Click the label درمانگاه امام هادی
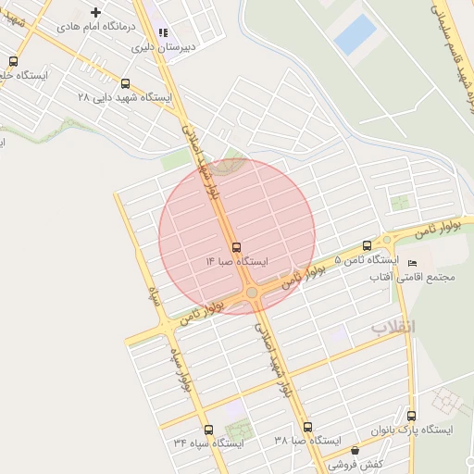pyautogui.click(x=94, y=28)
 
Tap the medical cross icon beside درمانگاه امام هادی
pyautogui.click(x=95, y=12)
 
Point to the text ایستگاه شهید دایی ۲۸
pyautogui.click(x=127, y=96)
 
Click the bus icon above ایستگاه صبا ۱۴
pyautogui.click(x=237, y=247)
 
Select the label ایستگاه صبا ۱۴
pyautogui.click(x=237, y=262)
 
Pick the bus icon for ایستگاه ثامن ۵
pyautogui.click(x=368, y=245)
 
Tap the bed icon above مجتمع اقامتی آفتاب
pyautogui.click(x=412, y=263)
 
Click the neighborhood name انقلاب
pyautogui.click(x=394, y=328)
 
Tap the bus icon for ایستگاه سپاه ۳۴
pyautogui.click(x=208, y=430)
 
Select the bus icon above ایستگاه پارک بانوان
pyautogui.click(x=412, y=416)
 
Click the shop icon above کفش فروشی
pyautogui.click(x=355, y=450)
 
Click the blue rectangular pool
pyautogui.click(x=355, y=35)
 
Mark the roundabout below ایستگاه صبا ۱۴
pyautogui.click(x=252, y=293)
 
